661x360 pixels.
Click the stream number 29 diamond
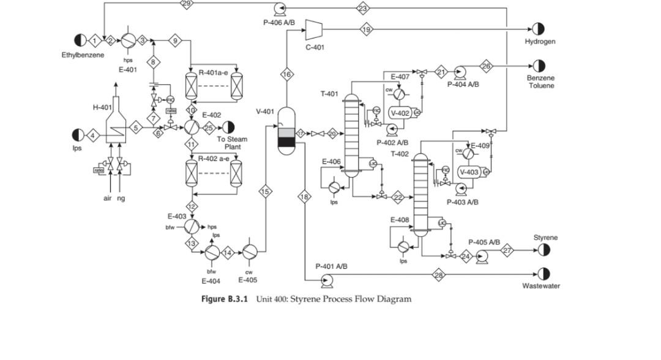click(187, 4)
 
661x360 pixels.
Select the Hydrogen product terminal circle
click(538, 29)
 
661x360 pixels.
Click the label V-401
click(265, 111)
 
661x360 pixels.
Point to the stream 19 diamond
click(366, 29)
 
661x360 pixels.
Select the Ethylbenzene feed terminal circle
click(80, 40)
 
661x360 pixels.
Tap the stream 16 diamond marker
click(286, 74)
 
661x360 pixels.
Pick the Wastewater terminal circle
click(543, 274)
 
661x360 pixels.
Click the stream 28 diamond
click(439, 275)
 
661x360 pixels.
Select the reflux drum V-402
click(400, 113)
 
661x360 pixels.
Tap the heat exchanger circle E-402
click(192, 127)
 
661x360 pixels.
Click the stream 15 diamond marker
click(265, 192)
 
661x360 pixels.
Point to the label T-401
click(329, 94)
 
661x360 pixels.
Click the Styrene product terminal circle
click(543, 249)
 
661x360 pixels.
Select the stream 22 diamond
click(398, 197)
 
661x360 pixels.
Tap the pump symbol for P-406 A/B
click(280, 9)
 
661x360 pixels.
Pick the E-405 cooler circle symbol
click(250, 252)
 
